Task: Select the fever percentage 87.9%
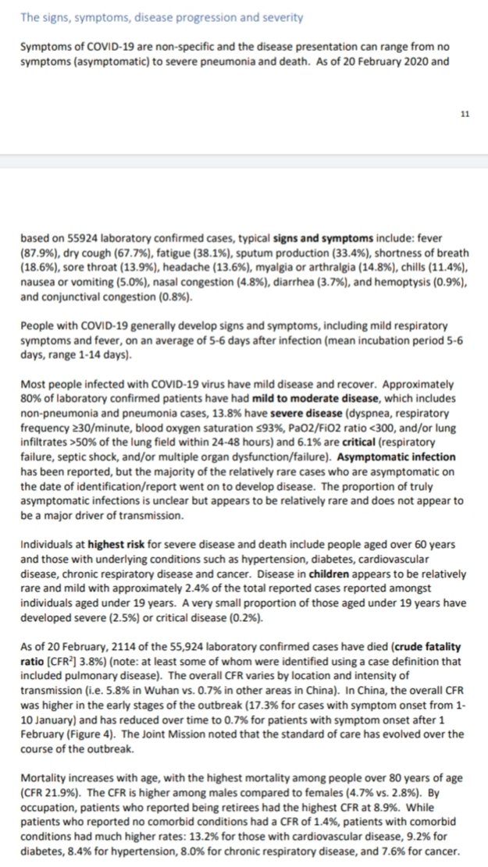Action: (x=39, y=255)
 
